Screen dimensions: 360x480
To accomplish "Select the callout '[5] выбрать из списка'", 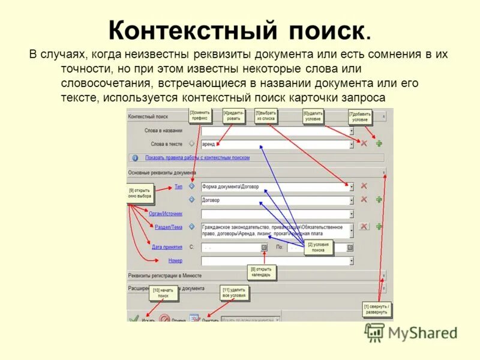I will coord(266,116).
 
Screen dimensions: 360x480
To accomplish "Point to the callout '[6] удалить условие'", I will coord(313,116).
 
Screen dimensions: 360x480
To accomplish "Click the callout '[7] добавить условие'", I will coord(360,116).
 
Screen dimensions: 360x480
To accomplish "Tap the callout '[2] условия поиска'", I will coord(319,247).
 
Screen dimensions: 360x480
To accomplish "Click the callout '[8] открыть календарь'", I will coord(262,272).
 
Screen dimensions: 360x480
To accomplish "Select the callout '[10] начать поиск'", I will coord(163,293).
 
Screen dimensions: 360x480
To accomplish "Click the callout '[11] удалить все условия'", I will coord(233,293).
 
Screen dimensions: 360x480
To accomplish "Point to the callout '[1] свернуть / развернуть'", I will coord(376,310).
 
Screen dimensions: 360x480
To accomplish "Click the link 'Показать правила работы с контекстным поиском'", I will coord(197,158).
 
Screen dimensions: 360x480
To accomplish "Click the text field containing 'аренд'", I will coord(276,144).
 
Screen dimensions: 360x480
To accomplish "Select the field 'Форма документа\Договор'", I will coord(276,187).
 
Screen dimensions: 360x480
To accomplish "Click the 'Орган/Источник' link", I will coord(165,213).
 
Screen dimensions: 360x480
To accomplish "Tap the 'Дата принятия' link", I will coord(167,247).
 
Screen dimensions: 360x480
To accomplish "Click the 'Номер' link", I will coord(175,260).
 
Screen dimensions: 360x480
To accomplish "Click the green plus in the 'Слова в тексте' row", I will coord(379,143).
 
